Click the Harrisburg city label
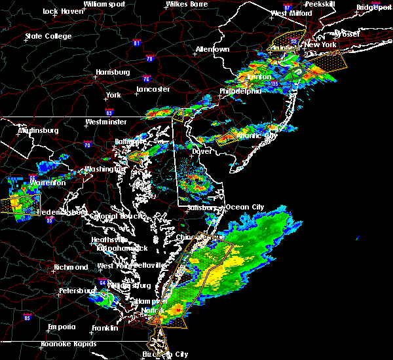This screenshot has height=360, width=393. coord(113,72)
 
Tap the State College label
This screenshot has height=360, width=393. coord(48,36)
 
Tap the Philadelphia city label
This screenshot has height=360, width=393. coord(240,91)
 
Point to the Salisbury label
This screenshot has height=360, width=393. coord(201,207)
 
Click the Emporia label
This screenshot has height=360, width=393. coord(62,327)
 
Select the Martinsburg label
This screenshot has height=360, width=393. coord(38,130)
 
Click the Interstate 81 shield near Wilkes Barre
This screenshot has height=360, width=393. coord(137,43)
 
